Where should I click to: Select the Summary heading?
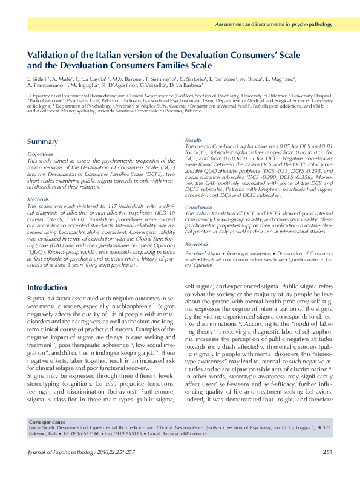pos(42,141)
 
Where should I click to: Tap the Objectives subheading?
pos(42,154)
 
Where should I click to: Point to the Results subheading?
pos(193,140)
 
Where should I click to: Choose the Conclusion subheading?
pos(198,207)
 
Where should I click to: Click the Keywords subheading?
pos(197,244)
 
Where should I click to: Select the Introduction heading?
pos(51,287)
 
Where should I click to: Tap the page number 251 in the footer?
pos(327,451)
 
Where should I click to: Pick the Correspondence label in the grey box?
pos(48,422)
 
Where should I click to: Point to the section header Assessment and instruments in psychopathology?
pos(274,24)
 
